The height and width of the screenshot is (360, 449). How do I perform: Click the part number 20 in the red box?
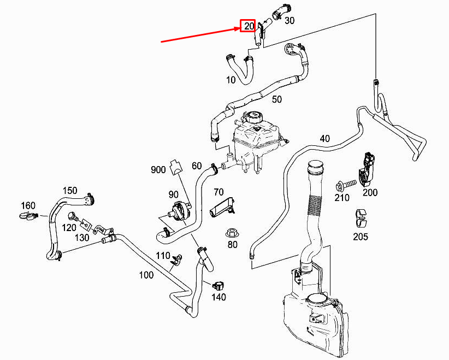(x=249, y=26)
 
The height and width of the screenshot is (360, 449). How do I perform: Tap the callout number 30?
(x=290, y=21)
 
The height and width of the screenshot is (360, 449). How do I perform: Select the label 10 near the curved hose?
(x=231, y=80)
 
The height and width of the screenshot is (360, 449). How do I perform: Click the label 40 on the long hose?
(x=325, y=139)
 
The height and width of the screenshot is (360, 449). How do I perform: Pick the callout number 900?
(x=158, y=170)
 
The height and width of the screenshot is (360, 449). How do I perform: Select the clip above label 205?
(x=359, y=217)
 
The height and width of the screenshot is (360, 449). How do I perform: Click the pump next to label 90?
(x=178, y=211)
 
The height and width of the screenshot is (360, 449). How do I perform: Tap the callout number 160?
(x=28, y=206)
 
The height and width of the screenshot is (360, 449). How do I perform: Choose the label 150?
(x=70, y=190)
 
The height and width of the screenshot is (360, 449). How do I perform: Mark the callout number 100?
(x=146, y=275)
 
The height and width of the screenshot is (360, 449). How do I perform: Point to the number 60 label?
(x=197, y=166)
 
